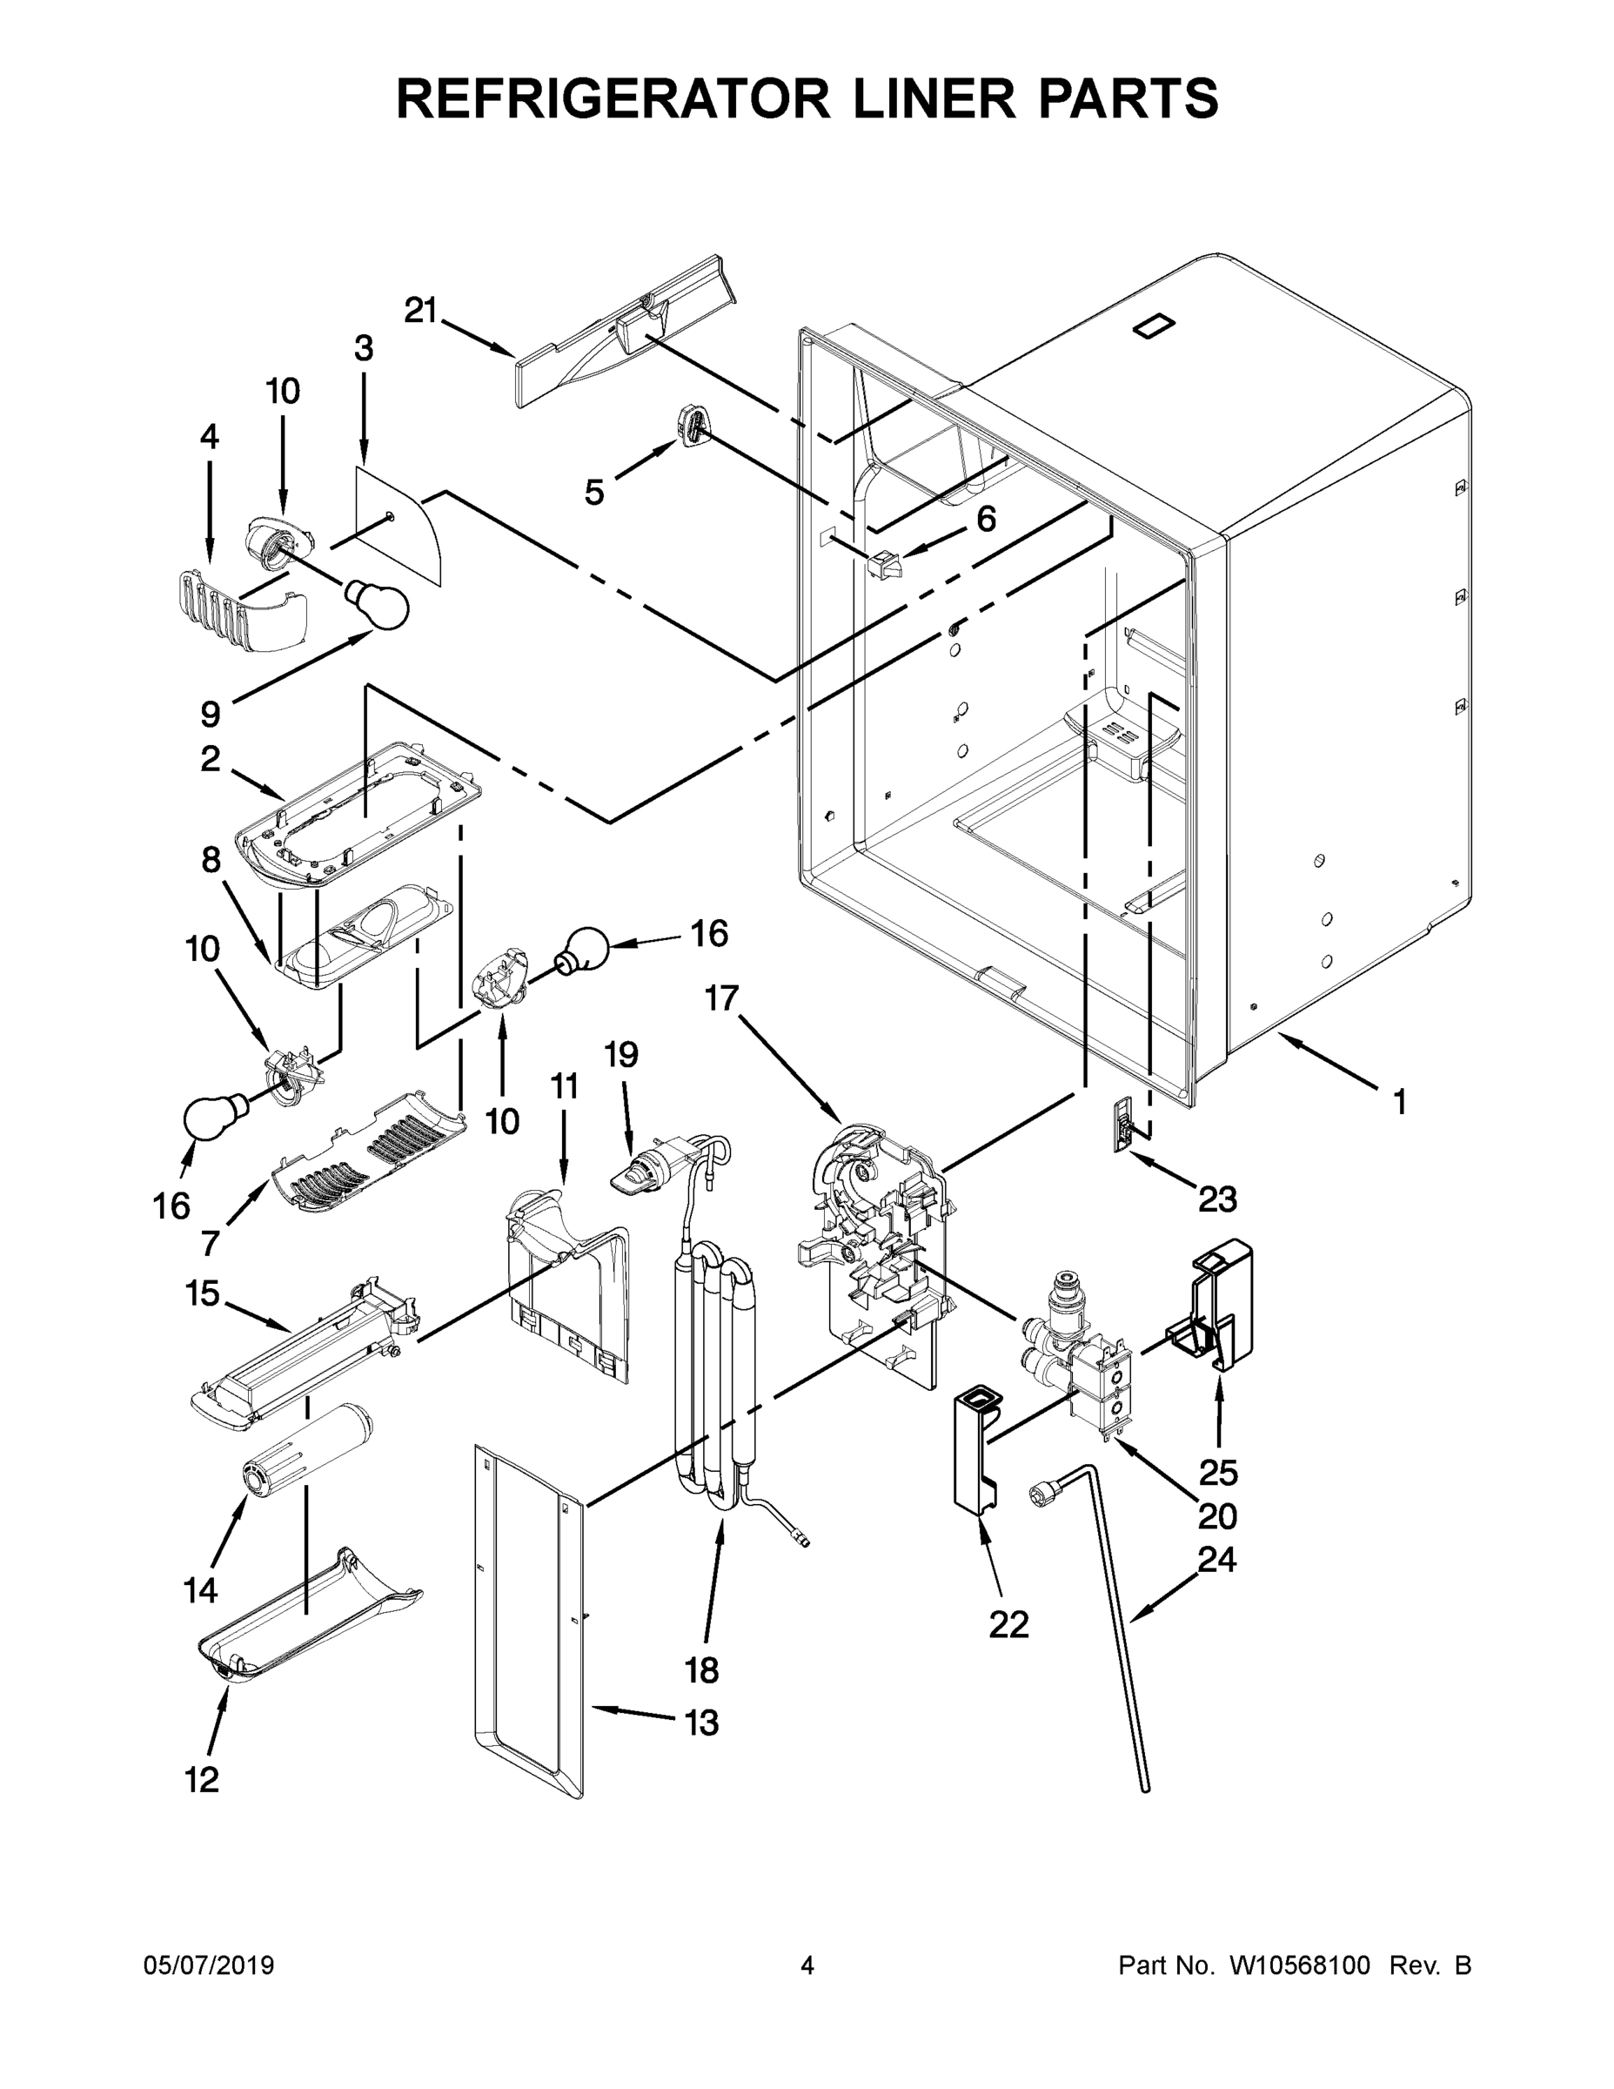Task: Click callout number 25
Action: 1218,1473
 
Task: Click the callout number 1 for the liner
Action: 1399,1103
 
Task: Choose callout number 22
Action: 1008,1624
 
